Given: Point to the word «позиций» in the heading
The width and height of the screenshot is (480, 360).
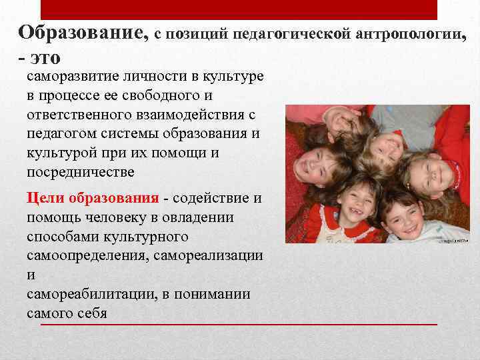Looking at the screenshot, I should pos(197,34).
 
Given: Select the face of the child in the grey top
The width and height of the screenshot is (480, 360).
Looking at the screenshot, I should pos(387,144).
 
